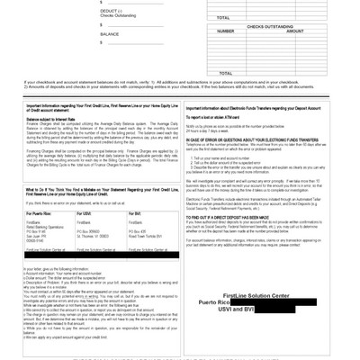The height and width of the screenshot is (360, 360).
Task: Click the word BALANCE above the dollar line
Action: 109,33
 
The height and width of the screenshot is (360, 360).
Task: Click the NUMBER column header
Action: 226,31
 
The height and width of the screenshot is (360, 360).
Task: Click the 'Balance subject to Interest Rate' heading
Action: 51,118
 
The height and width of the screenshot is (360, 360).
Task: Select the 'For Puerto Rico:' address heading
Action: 41,212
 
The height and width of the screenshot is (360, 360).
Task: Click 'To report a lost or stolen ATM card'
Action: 219,117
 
